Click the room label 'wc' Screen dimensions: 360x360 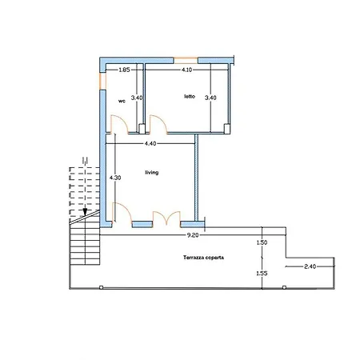pos(122,102)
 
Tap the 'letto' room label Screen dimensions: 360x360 pos(190,96)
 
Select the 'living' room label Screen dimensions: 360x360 pos(152,173)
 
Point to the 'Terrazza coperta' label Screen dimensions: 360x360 pos(203,258)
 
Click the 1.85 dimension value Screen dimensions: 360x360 pos(124,70)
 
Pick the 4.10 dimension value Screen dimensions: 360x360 pos(186,70)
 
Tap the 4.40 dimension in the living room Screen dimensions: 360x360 pos(150,144)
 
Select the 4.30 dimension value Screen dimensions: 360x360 pos(115,178)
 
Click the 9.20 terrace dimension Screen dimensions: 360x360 pos(193,235)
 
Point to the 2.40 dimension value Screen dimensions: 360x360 pos(310,266)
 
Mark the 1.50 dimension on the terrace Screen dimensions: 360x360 pos(262,242)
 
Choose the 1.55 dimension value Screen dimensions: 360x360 pos(262,274)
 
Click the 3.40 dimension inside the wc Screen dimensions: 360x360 pos(137,98)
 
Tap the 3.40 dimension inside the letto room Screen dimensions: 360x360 pos(210,98)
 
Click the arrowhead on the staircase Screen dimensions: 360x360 pos(85,212)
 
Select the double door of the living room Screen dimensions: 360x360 pos(166,218)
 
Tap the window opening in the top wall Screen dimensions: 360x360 pos(186,61)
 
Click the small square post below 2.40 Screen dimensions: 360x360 pos(285,287)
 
